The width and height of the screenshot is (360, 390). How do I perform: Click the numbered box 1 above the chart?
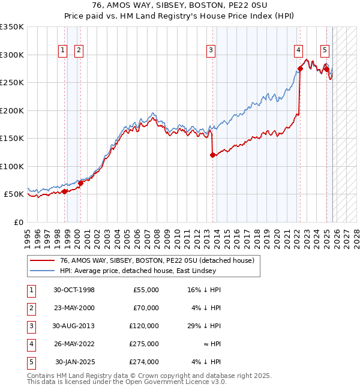coord(63,51)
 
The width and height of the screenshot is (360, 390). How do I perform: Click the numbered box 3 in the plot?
coord(211,51)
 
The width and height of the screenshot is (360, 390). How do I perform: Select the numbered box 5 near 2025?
coord(325,51)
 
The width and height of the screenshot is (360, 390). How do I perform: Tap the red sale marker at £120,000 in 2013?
coord(212,155)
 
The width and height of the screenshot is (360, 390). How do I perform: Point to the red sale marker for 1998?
coord(65,192)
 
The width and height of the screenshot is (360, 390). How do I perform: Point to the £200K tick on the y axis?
coord(12,110)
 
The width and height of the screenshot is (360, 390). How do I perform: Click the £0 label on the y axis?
coord(18,223)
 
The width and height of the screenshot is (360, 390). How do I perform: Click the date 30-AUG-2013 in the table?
coord(74,326)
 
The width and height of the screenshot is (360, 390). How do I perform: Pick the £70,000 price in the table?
coord(146,308)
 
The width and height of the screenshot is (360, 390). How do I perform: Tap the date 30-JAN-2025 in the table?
coord(75,362)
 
